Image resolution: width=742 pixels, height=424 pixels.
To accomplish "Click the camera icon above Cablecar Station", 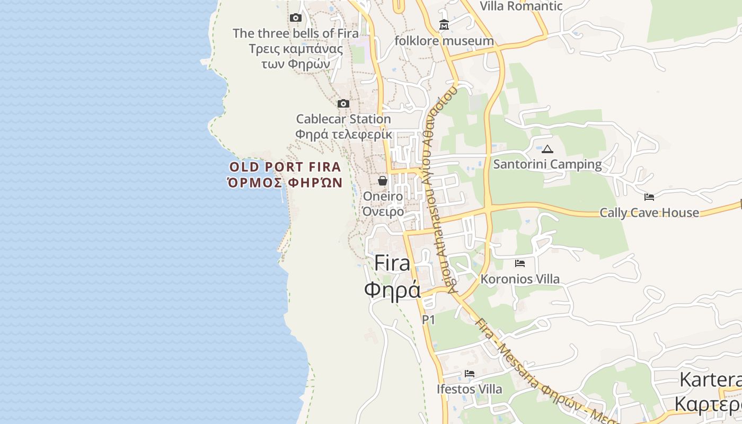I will [x=343, y=103].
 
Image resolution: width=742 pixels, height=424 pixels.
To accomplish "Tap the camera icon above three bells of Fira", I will [x=296, y=17].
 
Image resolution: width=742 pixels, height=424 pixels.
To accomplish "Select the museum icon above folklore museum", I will [x=444, y=24].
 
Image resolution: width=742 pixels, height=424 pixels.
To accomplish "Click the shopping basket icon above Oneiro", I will [x=383, y=181].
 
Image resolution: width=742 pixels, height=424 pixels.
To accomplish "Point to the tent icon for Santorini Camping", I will [x=547, y=149].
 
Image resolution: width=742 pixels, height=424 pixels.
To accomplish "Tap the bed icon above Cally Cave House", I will [x=649, y=197].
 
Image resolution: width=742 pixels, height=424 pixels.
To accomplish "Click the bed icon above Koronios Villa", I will [x=520, y=263].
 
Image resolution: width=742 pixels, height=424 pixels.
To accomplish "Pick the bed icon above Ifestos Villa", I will [x=470, y=374].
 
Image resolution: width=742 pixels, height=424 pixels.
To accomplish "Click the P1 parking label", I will [x=428, y=320].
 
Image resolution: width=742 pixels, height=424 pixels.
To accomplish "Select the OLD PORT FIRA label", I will [x=285, y=167].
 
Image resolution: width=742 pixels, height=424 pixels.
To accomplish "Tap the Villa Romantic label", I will [x=521, y=6].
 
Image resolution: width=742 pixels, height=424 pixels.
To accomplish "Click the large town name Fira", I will [x=393, y=263].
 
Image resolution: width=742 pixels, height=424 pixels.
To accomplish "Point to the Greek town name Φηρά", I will [x=393, y=290].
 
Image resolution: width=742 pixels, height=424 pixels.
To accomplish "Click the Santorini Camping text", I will [x=547, y=164].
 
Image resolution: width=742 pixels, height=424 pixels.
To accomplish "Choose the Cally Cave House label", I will [x=649, y=213].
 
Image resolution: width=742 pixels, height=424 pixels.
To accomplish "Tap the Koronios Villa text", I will [x=520, y=279].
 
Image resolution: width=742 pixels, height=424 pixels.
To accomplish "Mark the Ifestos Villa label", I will [x=470, y=389].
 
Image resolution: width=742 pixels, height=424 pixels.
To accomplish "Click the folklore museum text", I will [x=444, y=41].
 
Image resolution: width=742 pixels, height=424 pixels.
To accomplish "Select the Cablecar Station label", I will [x=343, y=119].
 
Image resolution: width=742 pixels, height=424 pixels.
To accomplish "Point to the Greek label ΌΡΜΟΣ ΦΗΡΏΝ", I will [x=285, y=183].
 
